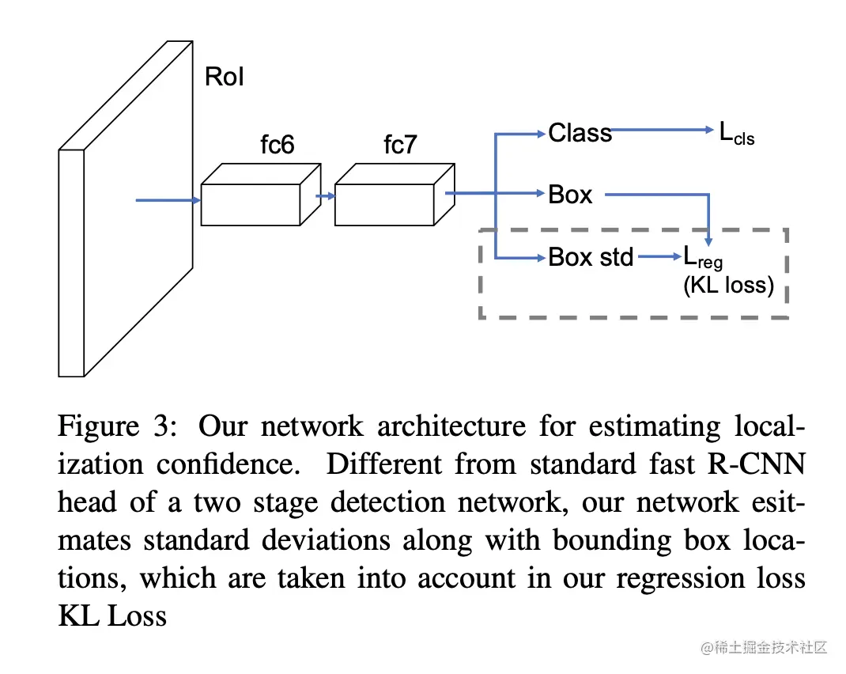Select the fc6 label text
click(x=278, y=146)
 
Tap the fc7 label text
click(x=399, y=146)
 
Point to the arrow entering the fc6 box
click(x=168, y=200)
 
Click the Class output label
click(x=580, y=133)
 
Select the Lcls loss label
click(x=736, y=134)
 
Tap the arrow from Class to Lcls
click(x=664, y=131)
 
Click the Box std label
click(x=591, y=257)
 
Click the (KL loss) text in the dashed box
click(x=728, y=285)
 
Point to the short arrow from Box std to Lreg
click(x=658, y=256)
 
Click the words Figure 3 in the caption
click(x=119, y=426)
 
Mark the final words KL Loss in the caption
click(x=113, y=616)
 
